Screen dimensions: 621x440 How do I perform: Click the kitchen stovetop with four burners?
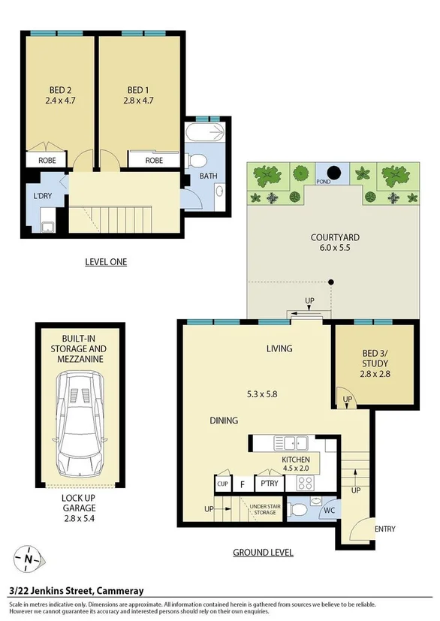[x=306, y=482]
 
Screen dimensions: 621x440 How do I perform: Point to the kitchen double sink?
[x=289, y=443]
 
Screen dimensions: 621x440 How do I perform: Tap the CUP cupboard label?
[x=222, y=484]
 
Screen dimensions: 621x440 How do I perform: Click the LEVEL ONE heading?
[x=105, y=262]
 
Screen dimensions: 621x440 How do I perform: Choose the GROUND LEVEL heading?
[x=263, y=553]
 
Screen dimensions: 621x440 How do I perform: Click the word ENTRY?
[x=384, y=529]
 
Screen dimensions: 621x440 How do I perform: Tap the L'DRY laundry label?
[x=42, y=196]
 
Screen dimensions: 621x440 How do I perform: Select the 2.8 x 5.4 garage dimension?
[x=81, y=518]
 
